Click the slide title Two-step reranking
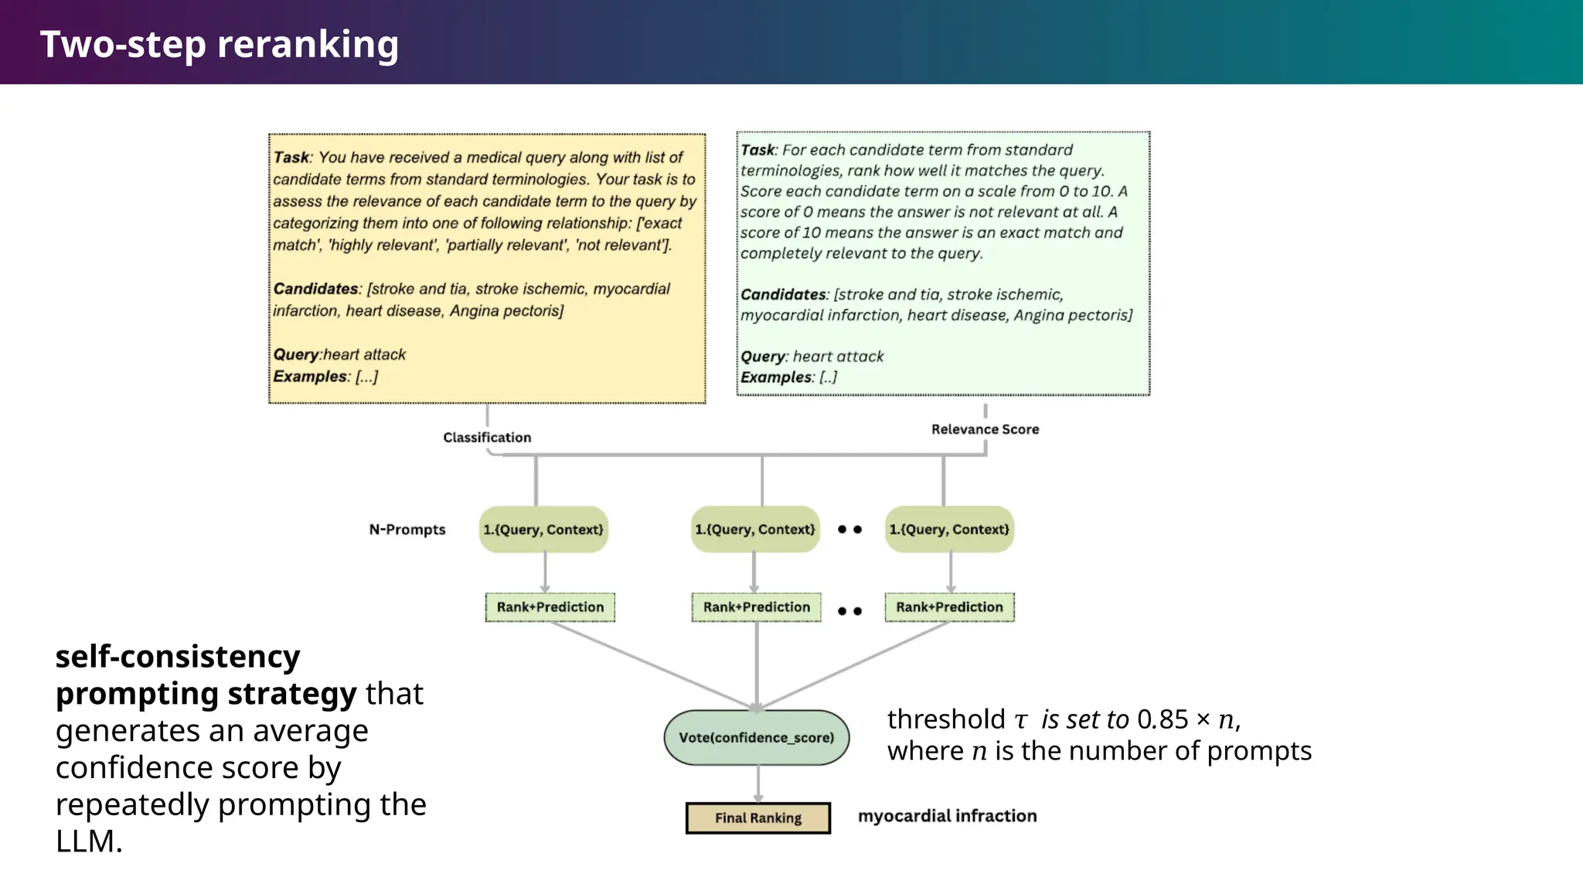point(220,44)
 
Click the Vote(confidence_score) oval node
point(756,738)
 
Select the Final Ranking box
point(757,818)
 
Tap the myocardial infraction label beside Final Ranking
point(947,816)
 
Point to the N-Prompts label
point(407,530)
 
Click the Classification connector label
point(487,438)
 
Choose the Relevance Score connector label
point(985,429)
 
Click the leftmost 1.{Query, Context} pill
point(543,530)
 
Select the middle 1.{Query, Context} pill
point(755,530)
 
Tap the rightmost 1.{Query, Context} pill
point(949,530)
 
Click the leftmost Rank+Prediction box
point(550,607)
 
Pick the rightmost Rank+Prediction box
point(949,607)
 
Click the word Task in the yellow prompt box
point(291,158)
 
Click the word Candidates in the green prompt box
point(783,295)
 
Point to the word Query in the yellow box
point(295,355)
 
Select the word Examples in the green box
point(776,377)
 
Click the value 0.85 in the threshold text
point(1163,720)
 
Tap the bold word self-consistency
point(178,657)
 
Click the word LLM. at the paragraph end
point(89,841)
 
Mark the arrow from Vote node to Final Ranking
point(758,783)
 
